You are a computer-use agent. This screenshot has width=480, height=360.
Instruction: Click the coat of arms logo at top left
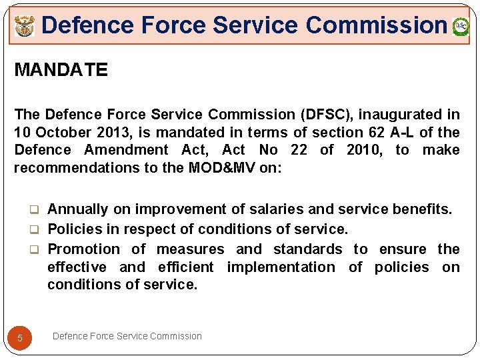(x=24, y=27)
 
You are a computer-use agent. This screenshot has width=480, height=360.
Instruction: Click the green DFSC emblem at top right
(x=461, y=27)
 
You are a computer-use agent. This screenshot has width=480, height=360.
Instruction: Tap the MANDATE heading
(x=61, y=70)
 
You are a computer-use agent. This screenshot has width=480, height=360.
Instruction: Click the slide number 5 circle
(x=20, y=338)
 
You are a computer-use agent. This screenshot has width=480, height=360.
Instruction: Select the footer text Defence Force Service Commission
(x=127, y=336)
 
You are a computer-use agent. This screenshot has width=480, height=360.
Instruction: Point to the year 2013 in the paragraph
(x=106, y=132)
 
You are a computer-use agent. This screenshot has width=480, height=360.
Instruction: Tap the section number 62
(x=377, y=132)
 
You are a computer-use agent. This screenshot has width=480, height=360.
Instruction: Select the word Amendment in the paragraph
(x=126, y=150)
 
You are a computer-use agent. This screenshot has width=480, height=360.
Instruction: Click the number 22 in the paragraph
(x=299, y=150)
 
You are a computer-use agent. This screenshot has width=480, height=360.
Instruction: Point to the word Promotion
(x=84, y=249)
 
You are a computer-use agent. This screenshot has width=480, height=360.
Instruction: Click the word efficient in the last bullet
(x=186, y=267)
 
